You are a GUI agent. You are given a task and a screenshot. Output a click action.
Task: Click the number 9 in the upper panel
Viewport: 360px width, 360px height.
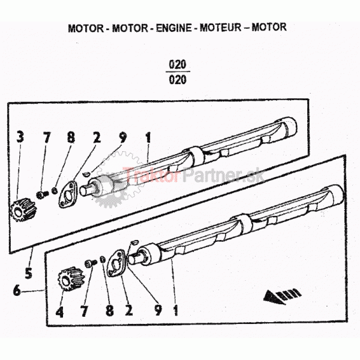click(122, 137)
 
